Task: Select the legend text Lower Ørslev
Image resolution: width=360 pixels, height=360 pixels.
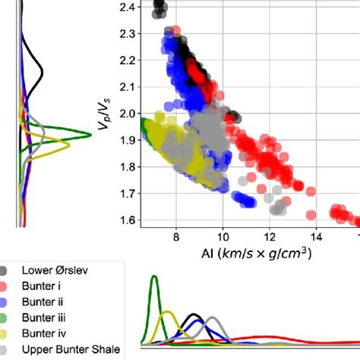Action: click(58, 270)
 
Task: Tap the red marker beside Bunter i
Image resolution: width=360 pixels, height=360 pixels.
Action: click(6, 285)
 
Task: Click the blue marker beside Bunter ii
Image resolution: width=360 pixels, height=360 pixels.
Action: click(6, 301)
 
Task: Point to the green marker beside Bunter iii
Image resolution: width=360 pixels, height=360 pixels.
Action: click(6, 317)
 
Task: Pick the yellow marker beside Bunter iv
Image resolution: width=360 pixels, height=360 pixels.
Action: click(6, 333)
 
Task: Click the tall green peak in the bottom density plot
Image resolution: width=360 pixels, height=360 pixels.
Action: click(154, 278)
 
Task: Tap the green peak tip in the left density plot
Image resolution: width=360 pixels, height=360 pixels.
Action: click(90, 134)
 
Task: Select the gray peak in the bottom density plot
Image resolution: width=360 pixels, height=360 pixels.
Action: click(212, 318)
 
